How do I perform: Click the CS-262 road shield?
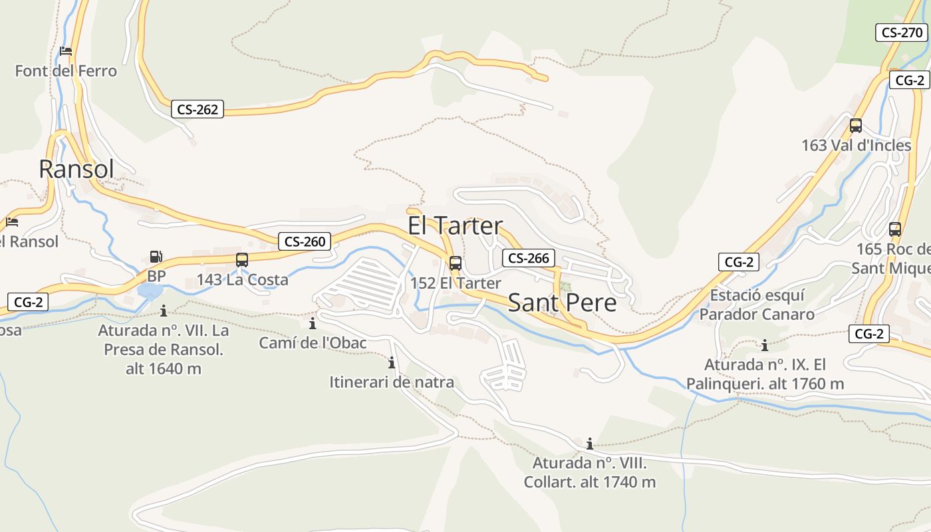(x=198, y=110)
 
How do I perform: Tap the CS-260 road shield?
(x=305, y=241)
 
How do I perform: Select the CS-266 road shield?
(x=529, y=259)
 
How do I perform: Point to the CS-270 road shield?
(x=901, y=32)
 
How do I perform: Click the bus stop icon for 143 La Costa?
(x=242, y=260)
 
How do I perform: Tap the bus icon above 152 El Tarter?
(x=456, y=263)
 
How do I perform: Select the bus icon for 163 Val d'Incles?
(x=856, y=125)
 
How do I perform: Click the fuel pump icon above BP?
(x=156, y=256)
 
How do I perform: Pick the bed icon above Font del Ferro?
(x=65, y=51)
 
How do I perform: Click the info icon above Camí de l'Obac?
(x=313, y=324)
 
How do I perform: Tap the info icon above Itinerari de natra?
(x=392, y=363)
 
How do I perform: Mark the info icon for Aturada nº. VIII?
(x=589, y=444)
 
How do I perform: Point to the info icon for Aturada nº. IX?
(x=765, y=345)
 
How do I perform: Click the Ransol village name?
(x=76, y=169)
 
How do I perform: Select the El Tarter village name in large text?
(x=456, y=226)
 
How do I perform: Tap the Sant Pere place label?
(x=562, y=303)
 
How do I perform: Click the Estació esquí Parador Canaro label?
(x=757, y=305)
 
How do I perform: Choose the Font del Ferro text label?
(x=66, y=70)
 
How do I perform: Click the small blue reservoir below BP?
(x=150, y=291)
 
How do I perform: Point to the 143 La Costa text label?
(x=243, y=279)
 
